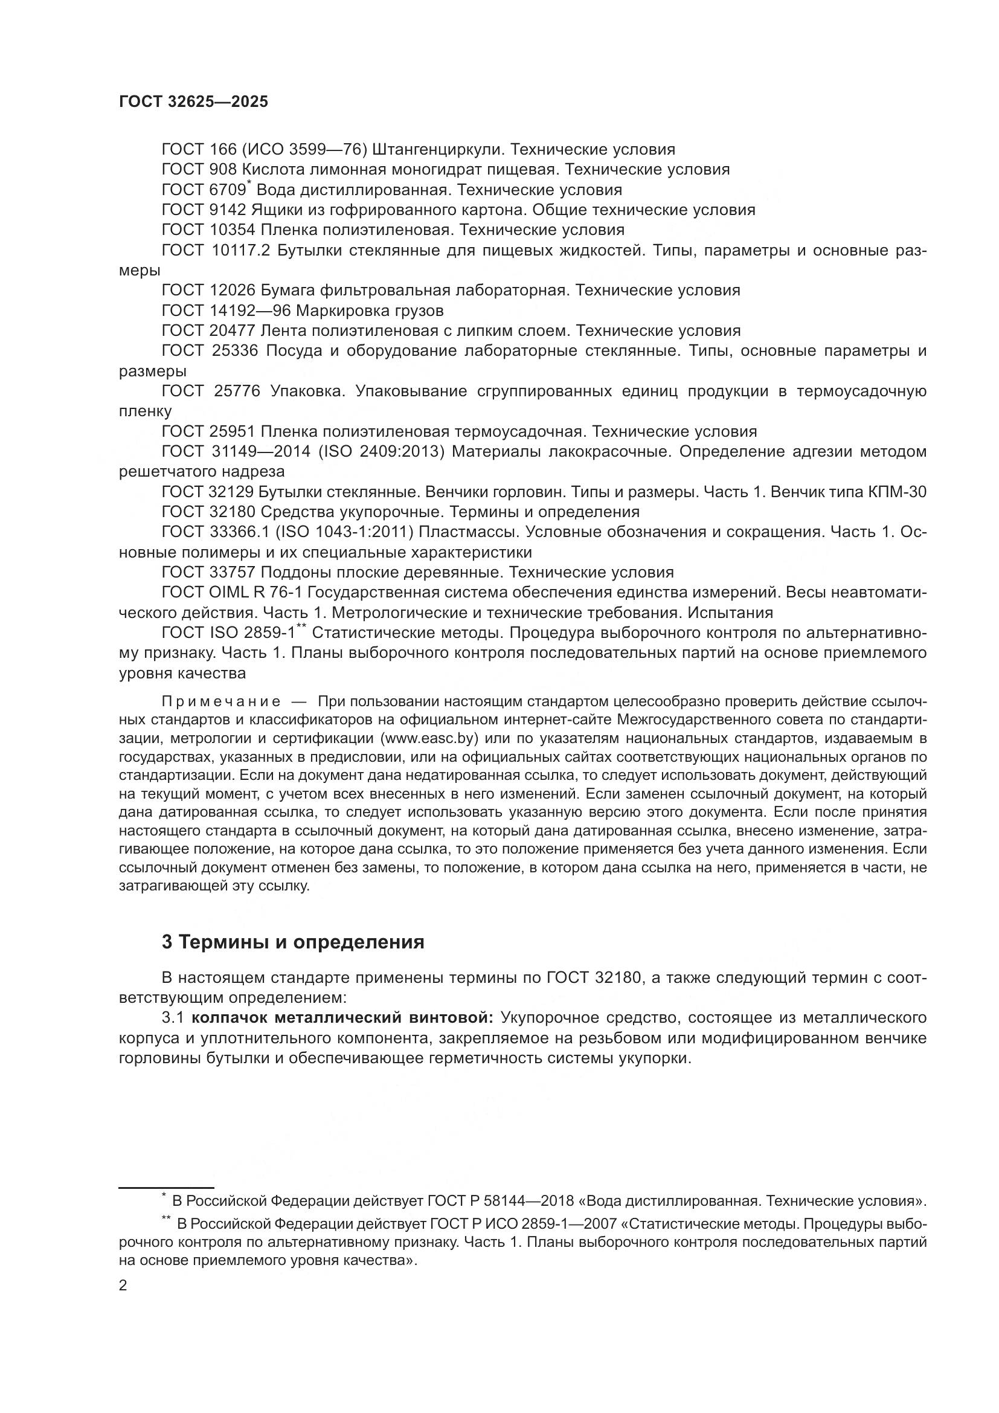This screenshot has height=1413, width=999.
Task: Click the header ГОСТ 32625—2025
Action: (193, 102)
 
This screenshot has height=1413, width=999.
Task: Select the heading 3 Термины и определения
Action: (293, 942)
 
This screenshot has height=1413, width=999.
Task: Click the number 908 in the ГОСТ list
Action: (223, 169)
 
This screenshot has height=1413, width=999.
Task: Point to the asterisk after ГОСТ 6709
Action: (248, 184)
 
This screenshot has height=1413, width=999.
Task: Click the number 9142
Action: (228, 210)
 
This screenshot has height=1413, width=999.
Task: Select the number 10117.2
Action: (240, 251)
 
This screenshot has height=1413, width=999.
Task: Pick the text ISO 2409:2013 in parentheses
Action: (381, 452)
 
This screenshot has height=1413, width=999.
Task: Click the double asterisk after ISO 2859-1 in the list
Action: (301, 627)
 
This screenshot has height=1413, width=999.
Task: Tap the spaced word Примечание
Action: (221, 701)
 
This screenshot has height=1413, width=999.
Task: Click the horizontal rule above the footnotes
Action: (166, 1187)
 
